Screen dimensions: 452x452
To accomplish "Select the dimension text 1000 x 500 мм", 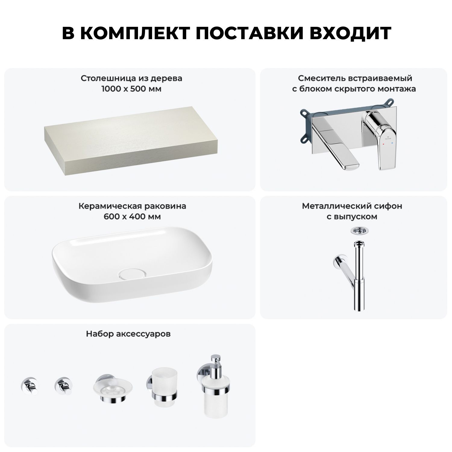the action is [131, 89].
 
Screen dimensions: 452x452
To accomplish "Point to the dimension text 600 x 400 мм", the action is [132, 217].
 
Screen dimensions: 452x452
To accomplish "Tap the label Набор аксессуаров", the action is [128, 334].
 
